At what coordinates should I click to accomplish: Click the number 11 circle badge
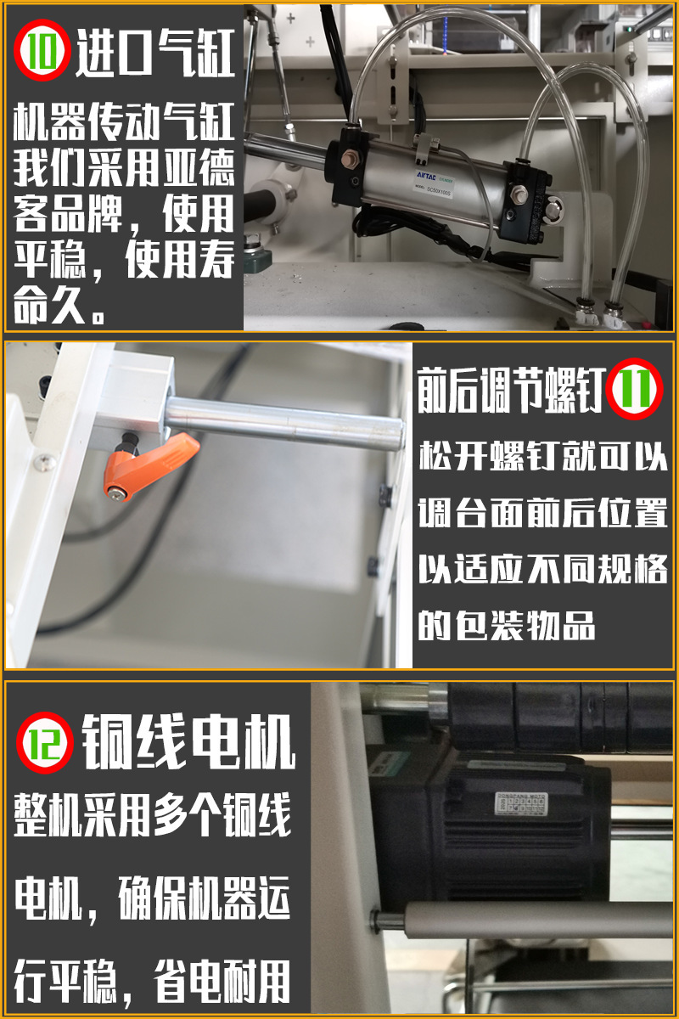click(x=636, y=390)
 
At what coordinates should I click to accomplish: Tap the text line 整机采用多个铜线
click(x=153, y=817)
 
